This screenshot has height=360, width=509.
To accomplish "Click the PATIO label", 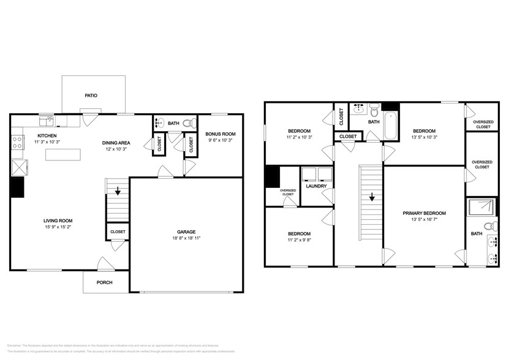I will (91, 96).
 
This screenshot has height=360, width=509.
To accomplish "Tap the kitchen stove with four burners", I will (18, 143).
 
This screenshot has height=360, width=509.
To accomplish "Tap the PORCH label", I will (105, 282).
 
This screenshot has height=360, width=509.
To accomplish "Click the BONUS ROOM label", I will (221, 134).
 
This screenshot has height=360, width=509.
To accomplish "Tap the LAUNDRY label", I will (317, 186).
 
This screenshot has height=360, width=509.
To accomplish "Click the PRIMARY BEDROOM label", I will (424, 213).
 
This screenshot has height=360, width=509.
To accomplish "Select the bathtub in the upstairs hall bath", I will (390, 126).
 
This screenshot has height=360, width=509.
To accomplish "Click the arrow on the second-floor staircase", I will (371, 198).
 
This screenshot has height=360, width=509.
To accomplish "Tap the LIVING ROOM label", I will (58, 221).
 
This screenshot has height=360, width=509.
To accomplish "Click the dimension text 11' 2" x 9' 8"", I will (300, 241).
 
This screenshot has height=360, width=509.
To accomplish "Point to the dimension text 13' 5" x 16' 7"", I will (424, 220).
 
